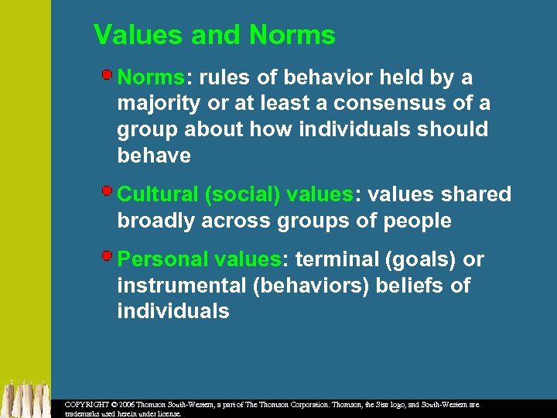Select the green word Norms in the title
(292, 36)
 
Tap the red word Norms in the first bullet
(151, 78)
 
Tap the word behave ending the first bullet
(153, 155)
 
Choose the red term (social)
(244, 194)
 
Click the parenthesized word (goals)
(422, 259)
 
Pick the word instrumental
(182, 286)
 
